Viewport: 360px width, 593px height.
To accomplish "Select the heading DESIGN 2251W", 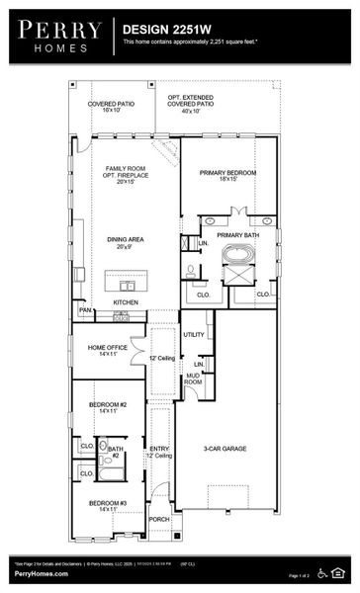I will click(x=164, y=31).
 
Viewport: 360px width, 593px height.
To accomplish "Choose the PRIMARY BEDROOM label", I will click(x=228, y=175).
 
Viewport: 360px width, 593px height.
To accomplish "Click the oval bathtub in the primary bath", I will click(x=237, y=253).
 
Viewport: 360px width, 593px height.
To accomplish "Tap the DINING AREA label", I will click(x=126, y=242).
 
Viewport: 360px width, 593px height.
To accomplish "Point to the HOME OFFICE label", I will click(x=107, y=350).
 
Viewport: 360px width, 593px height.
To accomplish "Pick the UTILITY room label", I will click(x=194, y=334).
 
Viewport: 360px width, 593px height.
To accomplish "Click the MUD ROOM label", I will click(x=193, y=378).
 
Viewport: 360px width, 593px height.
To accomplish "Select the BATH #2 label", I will click(x=116, y=452).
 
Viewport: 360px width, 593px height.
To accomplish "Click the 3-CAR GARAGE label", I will click(x=225, y=449).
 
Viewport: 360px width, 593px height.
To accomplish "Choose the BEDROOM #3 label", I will click(x=108, y=506).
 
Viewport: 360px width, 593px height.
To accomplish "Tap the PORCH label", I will click(x=159, y=519).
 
